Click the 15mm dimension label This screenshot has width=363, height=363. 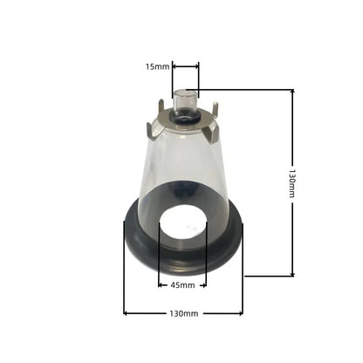coord(157,67)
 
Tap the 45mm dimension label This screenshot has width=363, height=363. coord(182,285)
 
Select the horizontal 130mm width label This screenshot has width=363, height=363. coord(184,313)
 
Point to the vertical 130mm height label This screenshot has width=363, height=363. coord(292,183)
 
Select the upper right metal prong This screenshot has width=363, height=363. coord(215,110)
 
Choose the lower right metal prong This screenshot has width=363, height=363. coord(211,134)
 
